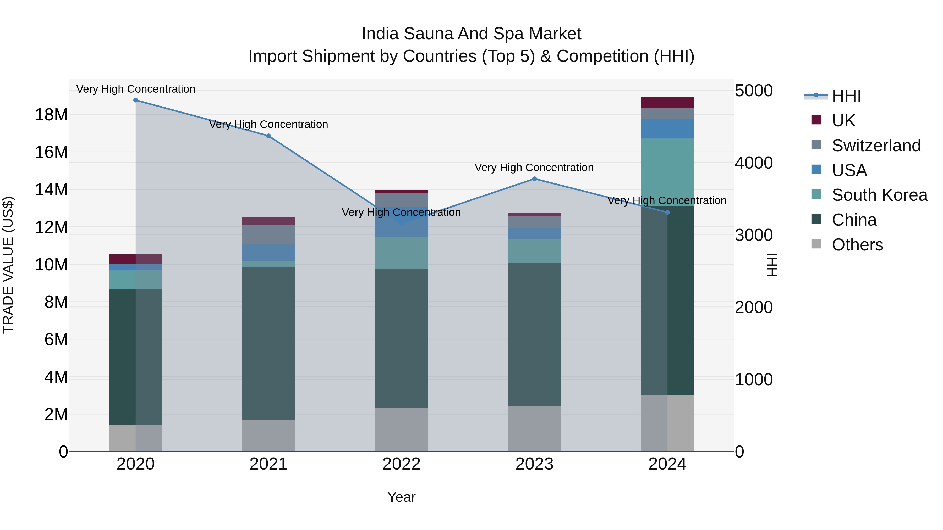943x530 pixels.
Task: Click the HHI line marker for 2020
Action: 135,100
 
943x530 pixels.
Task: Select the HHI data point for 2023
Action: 534,179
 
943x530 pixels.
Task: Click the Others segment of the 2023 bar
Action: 534,429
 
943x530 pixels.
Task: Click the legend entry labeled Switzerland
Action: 876,146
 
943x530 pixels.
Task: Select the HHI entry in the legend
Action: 846,96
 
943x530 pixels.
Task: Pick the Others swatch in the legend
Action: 816,244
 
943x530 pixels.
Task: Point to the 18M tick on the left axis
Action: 51,115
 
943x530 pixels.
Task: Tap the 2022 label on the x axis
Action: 401,464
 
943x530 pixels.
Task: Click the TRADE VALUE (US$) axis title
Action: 8,265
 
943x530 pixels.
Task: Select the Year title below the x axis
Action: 401,497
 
